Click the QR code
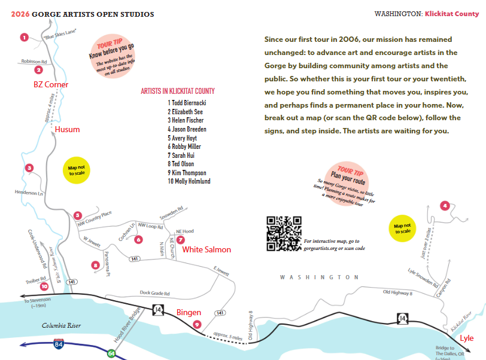(284, 233)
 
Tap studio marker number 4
(444, 206)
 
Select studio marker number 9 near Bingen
(197, 324)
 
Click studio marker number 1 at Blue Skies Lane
(24, 37)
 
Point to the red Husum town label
(67, 129)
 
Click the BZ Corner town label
(51, 85)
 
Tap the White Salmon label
(206, 249)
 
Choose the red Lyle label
(466, 338)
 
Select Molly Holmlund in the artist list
(189, 181)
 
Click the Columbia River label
(61, 326)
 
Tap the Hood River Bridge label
(126, 325)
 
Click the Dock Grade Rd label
(154, 294)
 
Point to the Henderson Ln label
(29, 192)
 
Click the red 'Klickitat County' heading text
(452, 14)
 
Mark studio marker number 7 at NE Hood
(181, 239)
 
